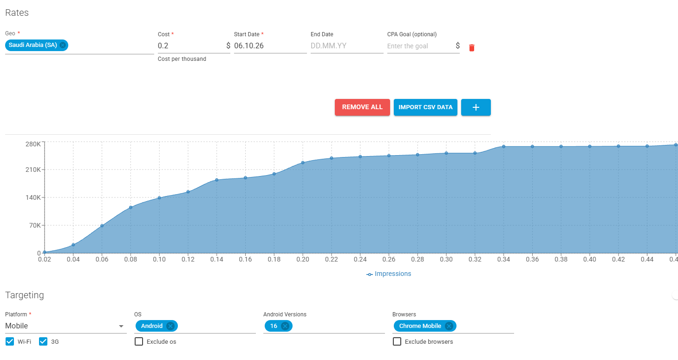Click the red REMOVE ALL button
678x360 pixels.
(362, 107)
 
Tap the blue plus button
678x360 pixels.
(476, 107)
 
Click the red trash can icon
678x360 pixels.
(471, 47)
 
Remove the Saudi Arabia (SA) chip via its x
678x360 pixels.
(63, 45)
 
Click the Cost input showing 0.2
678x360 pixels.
(191, 46)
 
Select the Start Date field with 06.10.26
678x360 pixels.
(270, 46)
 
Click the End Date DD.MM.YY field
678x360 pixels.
(347, 46)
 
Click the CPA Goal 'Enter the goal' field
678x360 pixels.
(420, 46)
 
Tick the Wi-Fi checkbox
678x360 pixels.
(10, 341)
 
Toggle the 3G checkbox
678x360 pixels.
(43, 341)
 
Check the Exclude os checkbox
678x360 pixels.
(139, 341)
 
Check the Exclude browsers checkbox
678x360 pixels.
(397, 341)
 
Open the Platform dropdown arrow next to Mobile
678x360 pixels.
(121, 326)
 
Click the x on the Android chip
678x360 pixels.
(170, 326)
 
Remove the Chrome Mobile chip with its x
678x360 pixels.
(449, 326)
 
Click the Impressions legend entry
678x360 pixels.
(389, 274)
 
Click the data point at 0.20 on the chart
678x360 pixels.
(303, 163)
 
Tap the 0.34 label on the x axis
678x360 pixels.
(504, 259)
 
